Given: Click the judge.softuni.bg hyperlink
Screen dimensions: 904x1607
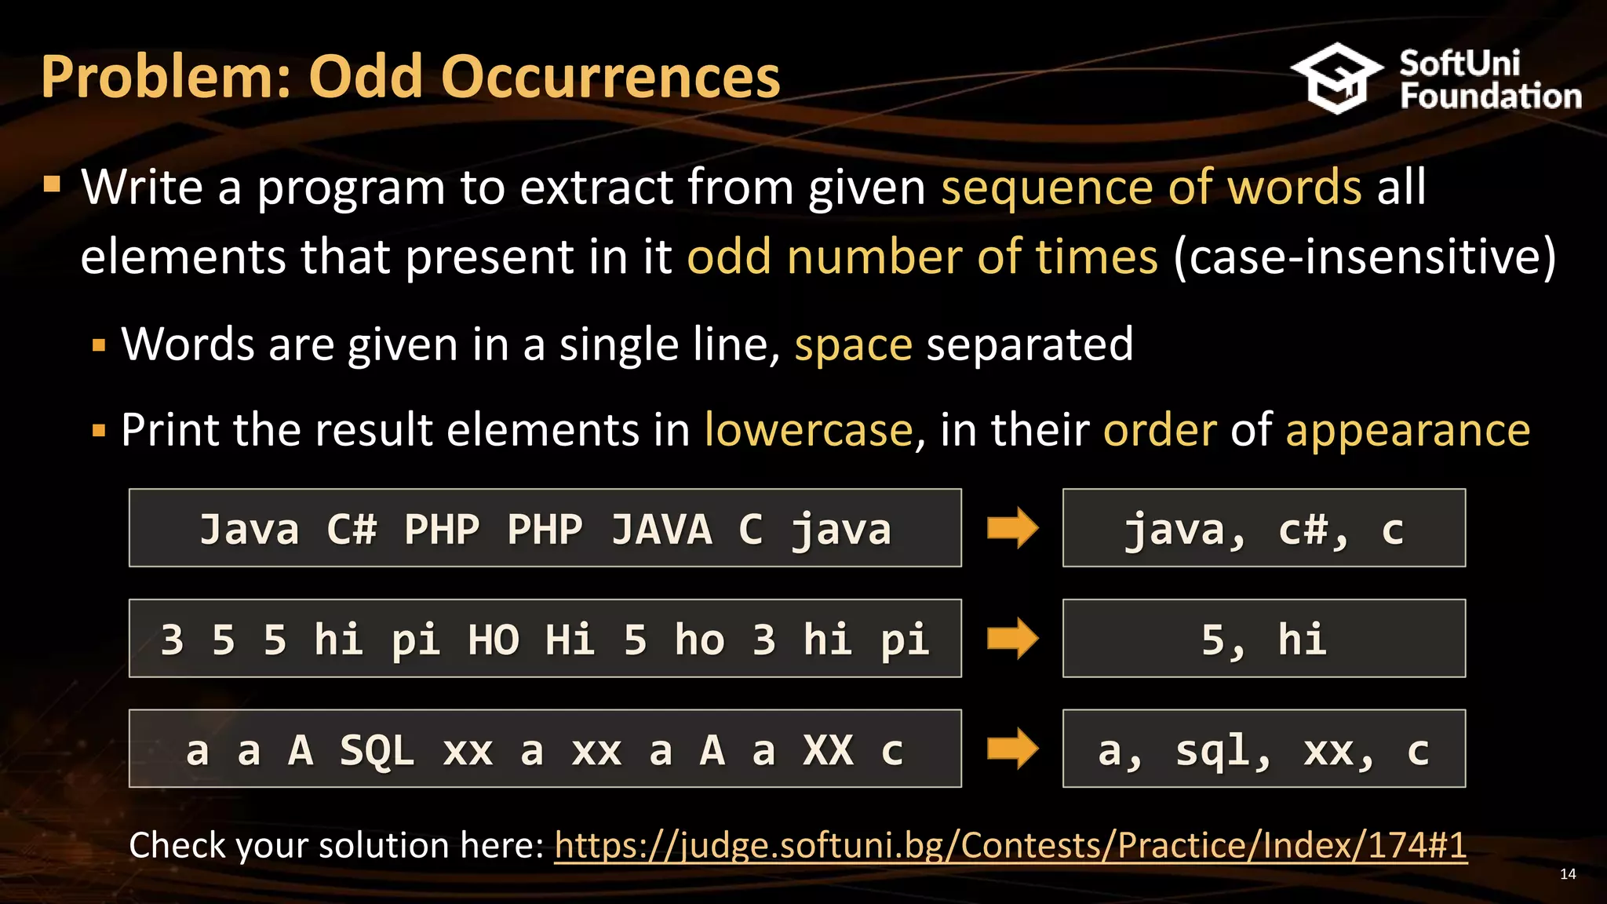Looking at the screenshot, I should click(1010, 846).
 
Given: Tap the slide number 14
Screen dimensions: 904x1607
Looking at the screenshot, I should click(1567, 874).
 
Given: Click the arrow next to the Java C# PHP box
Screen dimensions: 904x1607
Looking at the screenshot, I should click(1012, 528).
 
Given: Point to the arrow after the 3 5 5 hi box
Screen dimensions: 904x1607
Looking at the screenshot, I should click(1012, 638).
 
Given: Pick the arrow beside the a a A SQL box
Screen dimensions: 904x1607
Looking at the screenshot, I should click(1012, 749).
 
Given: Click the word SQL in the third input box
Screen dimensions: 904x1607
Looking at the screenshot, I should click(377, 750).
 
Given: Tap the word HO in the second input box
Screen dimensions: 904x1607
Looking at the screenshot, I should click(494, 640).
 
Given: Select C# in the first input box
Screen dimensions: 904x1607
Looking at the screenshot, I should click(352, 529).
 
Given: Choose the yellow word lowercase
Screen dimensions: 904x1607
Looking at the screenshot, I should click(808, 430).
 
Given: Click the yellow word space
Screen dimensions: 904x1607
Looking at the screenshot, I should click(853, 344).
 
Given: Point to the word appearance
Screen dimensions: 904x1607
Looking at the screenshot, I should click(1408, 430).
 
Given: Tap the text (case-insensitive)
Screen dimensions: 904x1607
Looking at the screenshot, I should click(1365, 257).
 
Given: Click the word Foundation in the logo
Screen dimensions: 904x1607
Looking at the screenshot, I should click(1490, 97).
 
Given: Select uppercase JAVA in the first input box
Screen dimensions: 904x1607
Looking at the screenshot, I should click(661, 529).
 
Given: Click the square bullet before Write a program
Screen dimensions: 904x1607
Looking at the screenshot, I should click(53, 185).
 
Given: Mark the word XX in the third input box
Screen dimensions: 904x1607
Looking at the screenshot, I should click(828, 750).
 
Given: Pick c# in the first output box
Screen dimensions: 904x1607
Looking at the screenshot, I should click(1312, 530).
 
